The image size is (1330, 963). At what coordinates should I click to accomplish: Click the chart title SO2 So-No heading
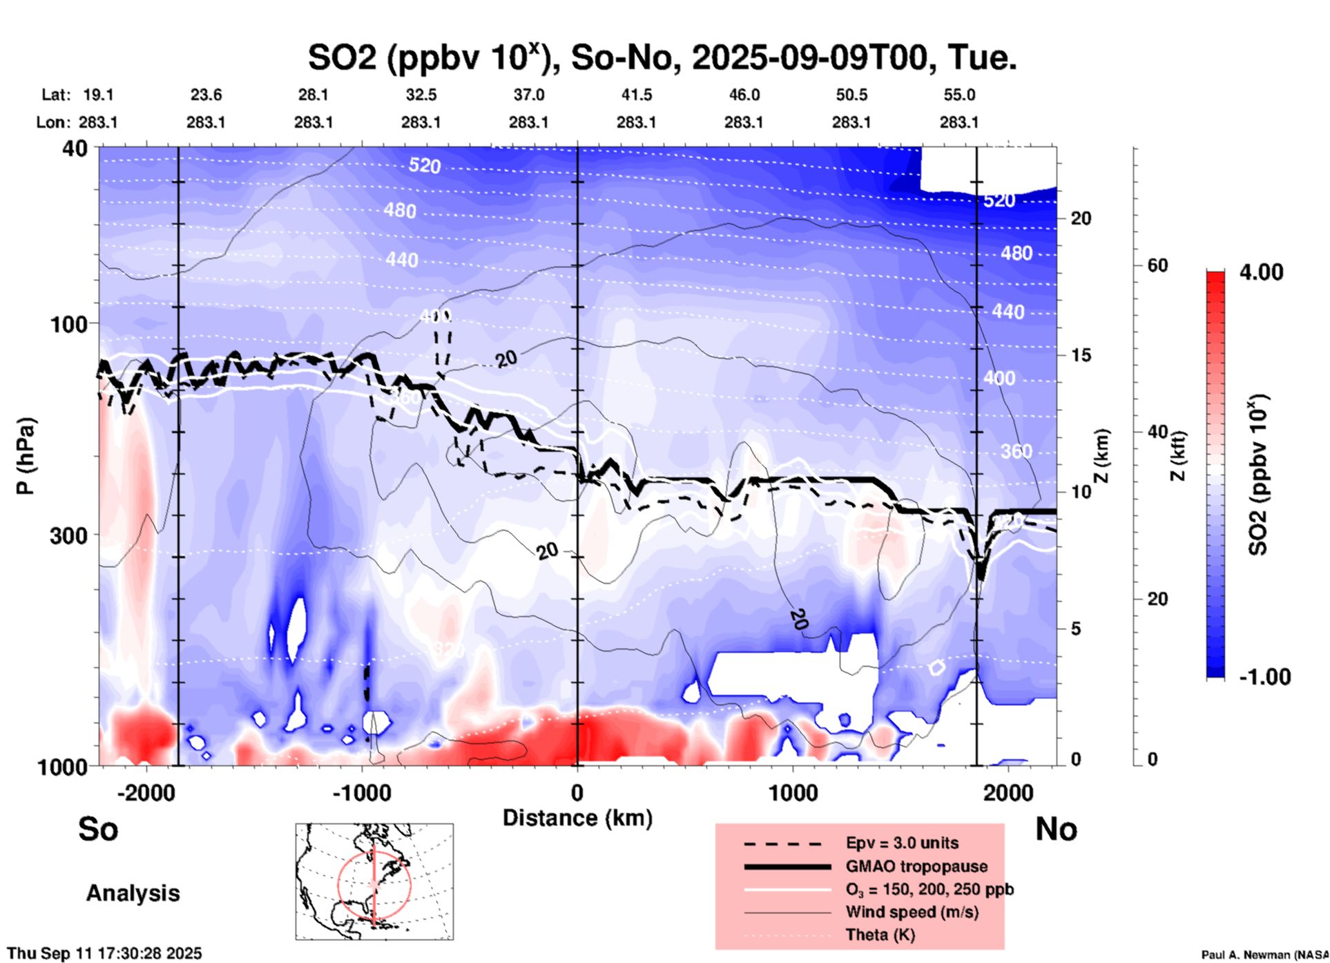click(x=662, y=58)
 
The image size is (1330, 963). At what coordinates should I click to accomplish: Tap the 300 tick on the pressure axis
click(x=68, y=535)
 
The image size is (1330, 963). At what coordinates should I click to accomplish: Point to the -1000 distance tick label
click(x=361, y=793)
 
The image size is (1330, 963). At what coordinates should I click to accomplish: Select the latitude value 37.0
click(x=528, y=95)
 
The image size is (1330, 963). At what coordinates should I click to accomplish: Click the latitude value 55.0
click(x=958, y=95)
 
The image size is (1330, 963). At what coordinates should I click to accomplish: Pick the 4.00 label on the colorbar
click(x=1261, y=272)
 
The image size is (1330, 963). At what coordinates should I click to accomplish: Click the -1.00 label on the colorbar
click(x=1264, y=677)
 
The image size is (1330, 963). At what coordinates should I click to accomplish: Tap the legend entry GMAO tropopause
click(x=916, y=866)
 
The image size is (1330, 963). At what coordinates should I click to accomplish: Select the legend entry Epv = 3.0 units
click(x=902, y=843)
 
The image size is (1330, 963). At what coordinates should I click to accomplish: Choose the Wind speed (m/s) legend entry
click(x=912, y=912)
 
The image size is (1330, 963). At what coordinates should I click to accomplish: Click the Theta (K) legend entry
click(x=880, y=935)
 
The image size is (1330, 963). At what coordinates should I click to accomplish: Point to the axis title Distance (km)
click(x=577, y=818)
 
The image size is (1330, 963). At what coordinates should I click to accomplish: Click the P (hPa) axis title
click(x=26, y=456)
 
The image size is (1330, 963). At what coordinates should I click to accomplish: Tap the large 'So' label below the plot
click(x=98, y=829)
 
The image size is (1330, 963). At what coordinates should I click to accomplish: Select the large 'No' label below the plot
click(x=1056, y=829)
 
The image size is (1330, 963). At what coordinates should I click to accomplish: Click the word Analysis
click(x=133, y=893)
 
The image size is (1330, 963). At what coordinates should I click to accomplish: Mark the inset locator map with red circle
click(x=374, y=881)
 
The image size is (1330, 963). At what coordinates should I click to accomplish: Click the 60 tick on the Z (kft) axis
click(x=1157, y=265)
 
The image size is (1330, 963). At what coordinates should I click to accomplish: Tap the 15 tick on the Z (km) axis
click(x=1081, y=355)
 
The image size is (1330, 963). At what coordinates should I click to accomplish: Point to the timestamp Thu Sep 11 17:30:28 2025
click(x=105, y=953)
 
